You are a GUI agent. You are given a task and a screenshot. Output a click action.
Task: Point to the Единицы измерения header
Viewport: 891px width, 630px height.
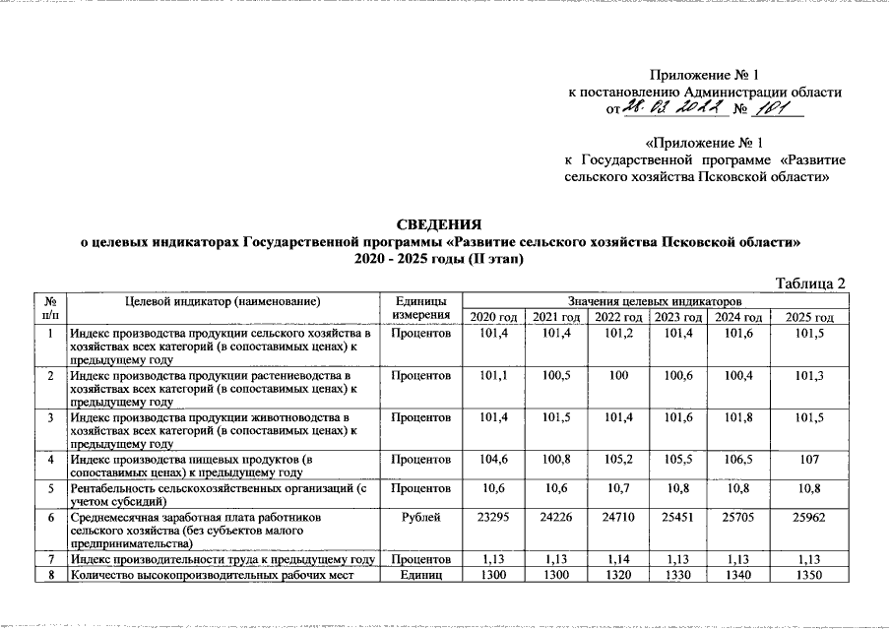point(421,308)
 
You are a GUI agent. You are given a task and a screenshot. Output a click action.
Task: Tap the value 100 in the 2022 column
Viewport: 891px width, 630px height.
point(617,376)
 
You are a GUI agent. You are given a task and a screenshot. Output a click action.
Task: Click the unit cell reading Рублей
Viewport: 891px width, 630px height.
point(421,515)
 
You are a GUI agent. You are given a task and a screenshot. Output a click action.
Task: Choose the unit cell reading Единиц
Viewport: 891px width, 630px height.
point(421,575)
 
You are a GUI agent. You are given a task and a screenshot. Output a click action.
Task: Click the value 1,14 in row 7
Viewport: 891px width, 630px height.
point(617,560)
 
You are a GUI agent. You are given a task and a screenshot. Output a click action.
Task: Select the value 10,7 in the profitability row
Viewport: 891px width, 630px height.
point(617,487)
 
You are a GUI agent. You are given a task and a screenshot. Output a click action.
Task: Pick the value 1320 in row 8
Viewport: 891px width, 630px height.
point(617,575)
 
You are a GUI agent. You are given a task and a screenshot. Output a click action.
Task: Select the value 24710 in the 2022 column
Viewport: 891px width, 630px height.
point(617,515)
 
